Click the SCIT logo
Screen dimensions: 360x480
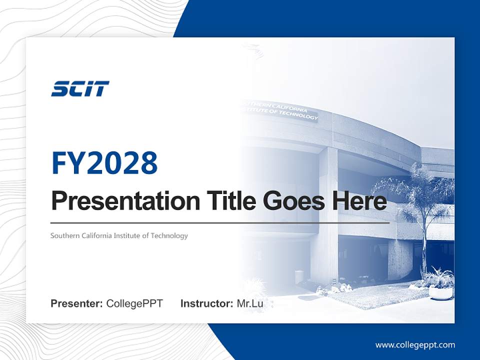80,89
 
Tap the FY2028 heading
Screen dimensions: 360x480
104,163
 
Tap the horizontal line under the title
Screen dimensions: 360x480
220,222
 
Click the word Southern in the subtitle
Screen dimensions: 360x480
64,235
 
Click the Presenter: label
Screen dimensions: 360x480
77,303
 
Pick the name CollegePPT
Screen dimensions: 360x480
134,303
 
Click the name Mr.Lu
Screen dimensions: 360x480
250,303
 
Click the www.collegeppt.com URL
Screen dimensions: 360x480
415,345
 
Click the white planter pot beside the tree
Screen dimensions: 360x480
440,293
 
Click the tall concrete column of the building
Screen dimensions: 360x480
328,215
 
